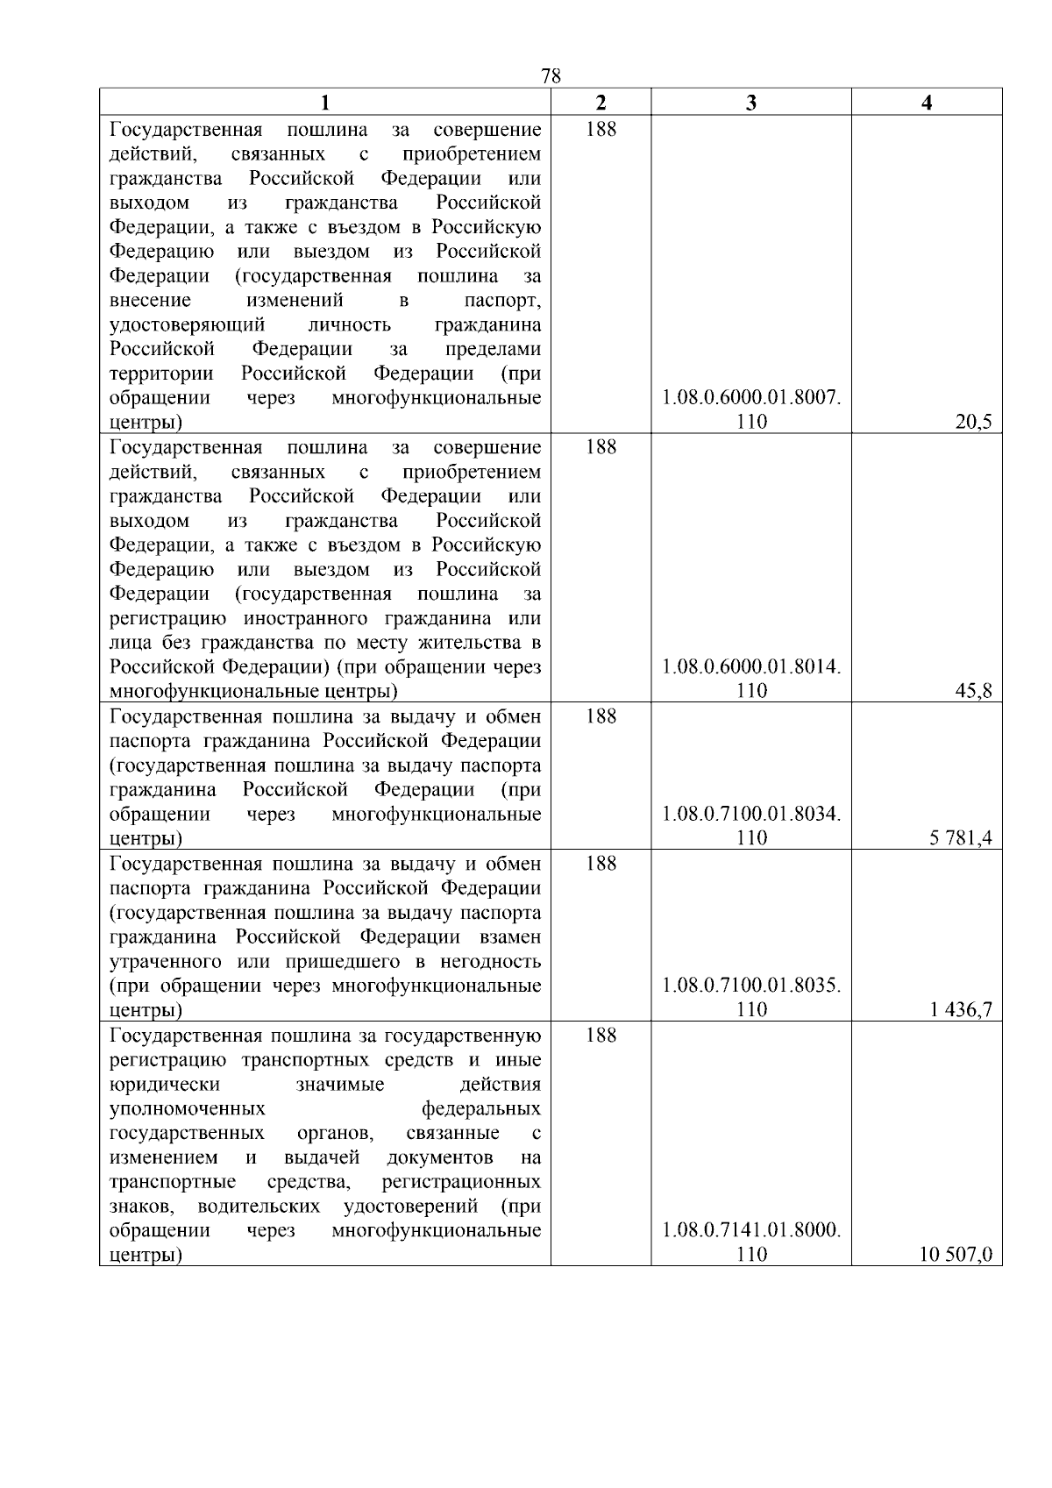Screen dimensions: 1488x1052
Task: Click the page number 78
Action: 551,76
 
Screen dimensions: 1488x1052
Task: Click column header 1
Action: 324,103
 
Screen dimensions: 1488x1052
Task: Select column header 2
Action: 601,103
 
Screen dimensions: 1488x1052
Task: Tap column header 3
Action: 750,103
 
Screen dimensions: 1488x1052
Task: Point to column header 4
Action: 927,103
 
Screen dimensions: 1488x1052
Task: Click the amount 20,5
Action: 973,423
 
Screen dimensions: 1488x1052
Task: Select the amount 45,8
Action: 973,691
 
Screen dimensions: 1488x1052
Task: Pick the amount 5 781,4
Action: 961,838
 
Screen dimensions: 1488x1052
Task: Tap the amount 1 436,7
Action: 961,1010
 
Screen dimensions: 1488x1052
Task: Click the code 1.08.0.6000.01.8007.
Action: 751,398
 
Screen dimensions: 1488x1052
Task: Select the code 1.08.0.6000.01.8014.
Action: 751,667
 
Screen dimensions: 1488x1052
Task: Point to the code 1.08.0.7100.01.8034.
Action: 751,815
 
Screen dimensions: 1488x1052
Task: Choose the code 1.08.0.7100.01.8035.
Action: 751,986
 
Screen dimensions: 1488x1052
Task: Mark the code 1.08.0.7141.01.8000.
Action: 751,1230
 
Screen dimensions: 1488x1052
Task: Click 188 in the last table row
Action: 601,1036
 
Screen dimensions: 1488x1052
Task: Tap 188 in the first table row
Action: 601,130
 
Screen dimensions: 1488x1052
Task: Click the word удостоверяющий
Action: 187,325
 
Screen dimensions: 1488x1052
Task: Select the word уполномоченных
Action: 187,1108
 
